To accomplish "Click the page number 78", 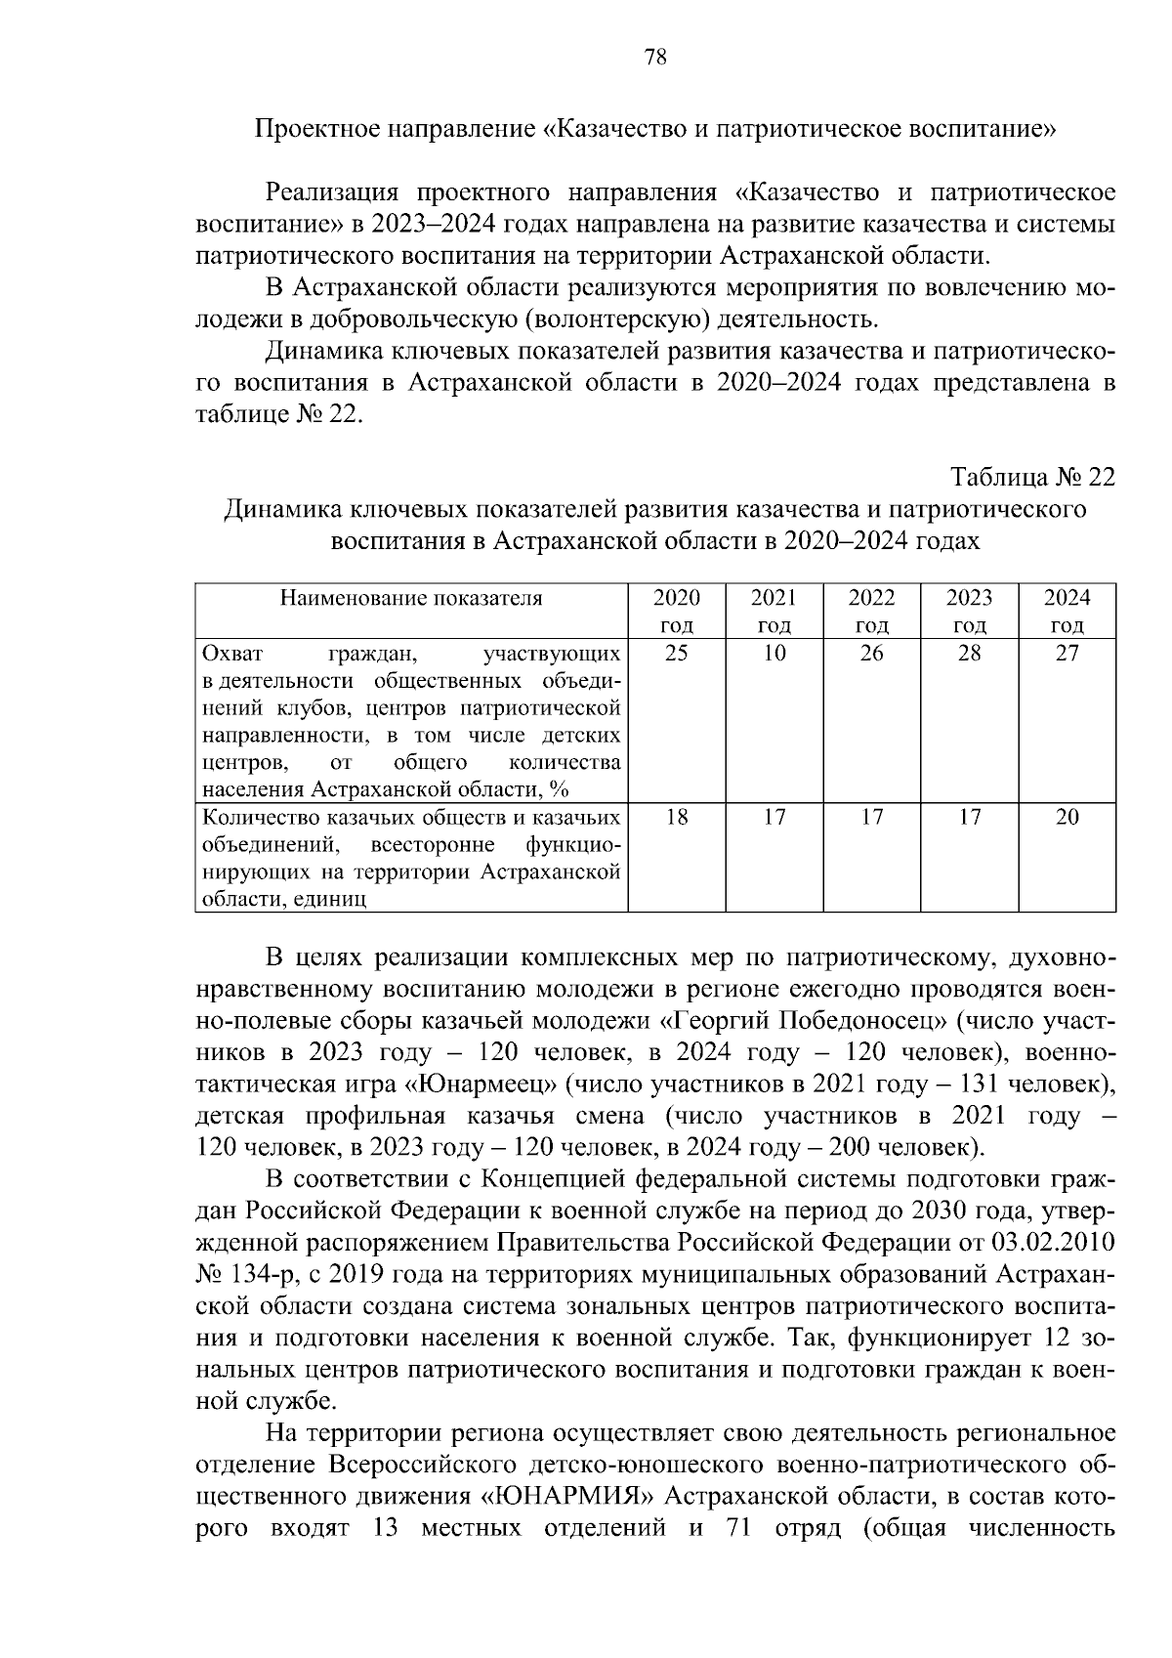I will tap(655, 58).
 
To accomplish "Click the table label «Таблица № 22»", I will tap(1033, 478).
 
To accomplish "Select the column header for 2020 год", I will tap(676, 612).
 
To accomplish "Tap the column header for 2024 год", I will tap(1067, 612).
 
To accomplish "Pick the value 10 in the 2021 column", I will tap(774, 654).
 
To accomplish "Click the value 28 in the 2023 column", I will tap(969, 654).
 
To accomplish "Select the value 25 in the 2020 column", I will tap(676, 654).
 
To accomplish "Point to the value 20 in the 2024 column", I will tap(1067, 817).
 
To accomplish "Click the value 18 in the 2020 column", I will tap(676, 817).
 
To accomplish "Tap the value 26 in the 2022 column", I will tap(871, 654).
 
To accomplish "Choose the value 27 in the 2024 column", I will tap(1067, 654).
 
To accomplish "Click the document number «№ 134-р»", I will tap(246, 1275).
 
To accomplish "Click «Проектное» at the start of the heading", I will tap(315, 129).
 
